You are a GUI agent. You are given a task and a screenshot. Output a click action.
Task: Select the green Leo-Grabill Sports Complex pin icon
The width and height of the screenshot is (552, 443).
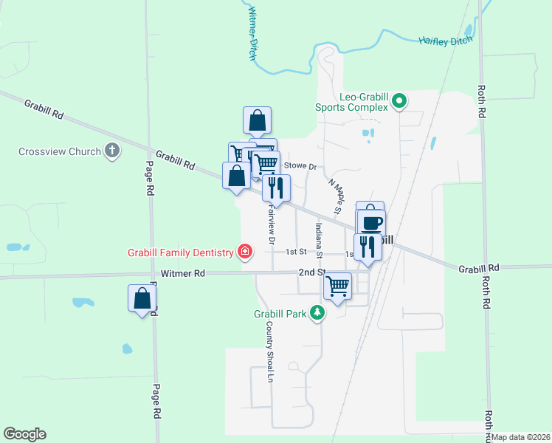(399, 100)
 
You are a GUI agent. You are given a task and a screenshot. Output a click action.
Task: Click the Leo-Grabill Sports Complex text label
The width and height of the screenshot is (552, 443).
(363, 102)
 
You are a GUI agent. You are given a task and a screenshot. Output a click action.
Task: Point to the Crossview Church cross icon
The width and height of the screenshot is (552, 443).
(112, 151)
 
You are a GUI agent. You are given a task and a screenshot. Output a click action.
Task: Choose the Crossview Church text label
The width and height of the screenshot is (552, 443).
(60, 152)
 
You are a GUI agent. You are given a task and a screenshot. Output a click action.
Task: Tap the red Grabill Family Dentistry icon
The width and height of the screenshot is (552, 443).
(244, 253)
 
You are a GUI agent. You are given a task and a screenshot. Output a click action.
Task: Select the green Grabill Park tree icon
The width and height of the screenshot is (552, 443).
(317, 313)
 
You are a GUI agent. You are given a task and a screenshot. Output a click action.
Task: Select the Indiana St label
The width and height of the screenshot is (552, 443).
(320, 240)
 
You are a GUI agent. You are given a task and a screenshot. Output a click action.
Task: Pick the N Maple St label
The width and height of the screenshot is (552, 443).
(336, 196)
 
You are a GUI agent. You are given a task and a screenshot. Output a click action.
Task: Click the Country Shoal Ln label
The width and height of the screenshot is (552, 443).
(270, 351)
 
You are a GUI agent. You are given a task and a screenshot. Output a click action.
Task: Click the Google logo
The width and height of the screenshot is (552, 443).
(24, 434)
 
